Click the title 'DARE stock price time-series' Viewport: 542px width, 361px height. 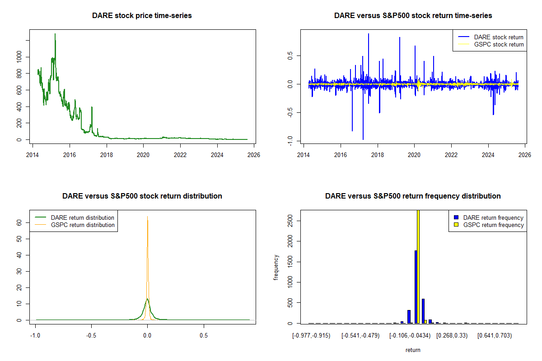(x=142, y=16)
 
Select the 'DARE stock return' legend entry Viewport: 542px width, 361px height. (x=499, y=37)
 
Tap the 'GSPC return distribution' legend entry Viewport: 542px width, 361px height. (x=83, y=225)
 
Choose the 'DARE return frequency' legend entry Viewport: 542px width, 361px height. (x=493, y=218)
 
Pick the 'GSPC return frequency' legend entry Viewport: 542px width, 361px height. (x=493, y=225)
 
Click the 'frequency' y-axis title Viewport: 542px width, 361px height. (x=276, y=267)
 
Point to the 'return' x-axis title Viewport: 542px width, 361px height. (x=413, y=350)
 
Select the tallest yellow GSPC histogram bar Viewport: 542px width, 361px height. (x=418, y=266)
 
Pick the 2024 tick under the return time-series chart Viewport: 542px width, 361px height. (x=488, y=153)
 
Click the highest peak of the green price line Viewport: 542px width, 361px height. (x=55, y=34)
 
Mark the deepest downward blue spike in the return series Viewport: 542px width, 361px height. (x=363, y=139)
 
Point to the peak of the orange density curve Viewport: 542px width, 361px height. (x=147, y=217)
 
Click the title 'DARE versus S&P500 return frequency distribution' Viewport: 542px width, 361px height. (x=413, y=196)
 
